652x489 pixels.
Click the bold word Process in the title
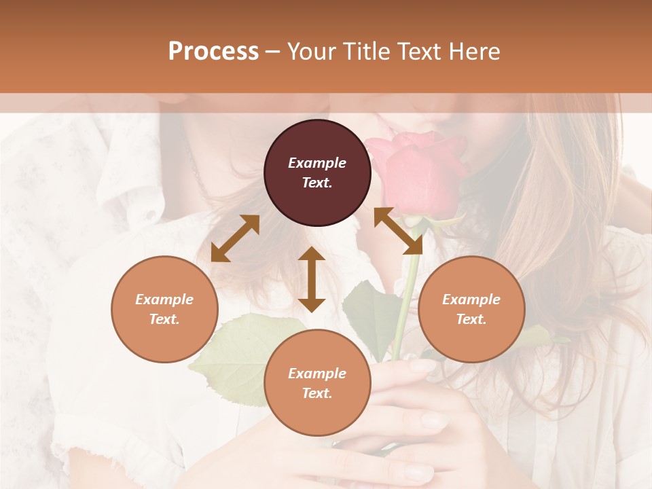point(213,52)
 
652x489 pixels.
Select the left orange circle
point(164,309)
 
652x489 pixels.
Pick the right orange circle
point(471,309)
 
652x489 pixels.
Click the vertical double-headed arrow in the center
point(312,279)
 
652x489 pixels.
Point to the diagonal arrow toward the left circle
point(235,238)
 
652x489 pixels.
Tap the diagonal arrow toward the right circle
point(398,231)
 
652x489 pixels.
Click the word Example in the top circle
point(317,163)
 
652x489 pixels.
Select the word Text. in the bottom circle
point(317,393)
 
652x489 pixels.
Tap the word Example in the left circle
point(164,300)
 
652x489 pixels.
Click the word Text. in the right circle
point(471,319)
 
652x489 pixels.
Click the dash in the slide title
point(273,52)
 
